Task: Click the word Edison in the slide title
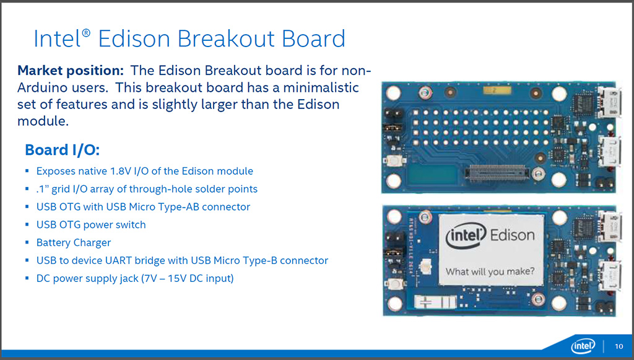pos(134,39)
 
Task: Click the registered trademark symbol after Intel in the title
pos(85,33)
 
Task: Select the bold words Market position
pos(71,71)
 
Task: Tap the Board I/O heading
pos(63,150)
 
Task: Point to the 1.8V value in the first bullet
pos(121,171)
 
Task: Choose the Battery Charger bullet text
pos(74,243)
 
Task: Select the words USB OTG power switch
pos(91,225)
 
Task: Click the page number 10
pos(619,346)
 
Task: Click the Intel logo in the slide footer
pos(583,346)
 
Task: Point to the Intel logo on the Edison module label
pos(465,236)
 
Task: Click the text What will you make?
pos(490,271)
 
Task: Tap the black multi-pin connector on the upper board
pos(497,173)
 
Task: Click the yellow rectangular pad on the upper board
pos(497,90)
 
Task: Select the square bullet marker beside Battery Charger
pos(27,243)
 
